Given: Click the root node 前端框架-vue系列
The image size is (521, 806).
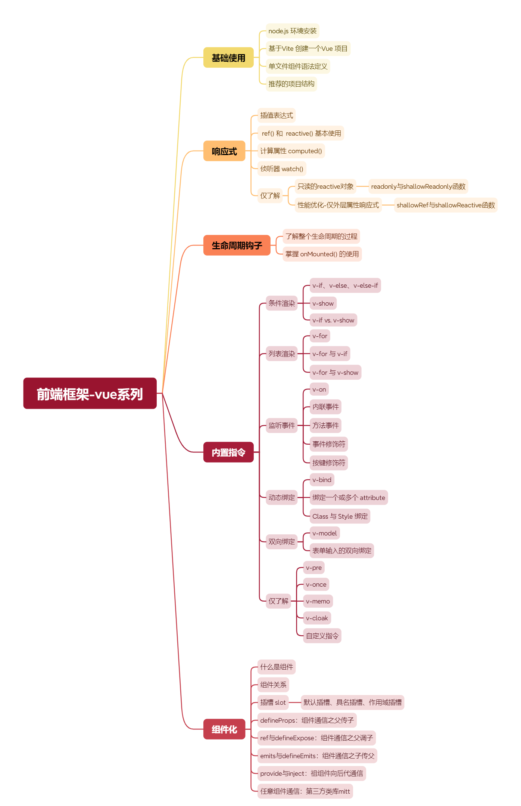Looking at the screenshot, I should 90,393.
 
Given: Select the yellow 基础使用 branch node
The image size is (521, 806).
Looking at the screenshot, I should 228,58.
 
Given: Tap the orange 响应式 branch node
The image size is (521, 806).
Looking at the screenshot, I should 224,151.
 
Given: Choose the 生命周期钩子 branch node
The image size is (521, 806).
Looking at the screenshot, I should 237,245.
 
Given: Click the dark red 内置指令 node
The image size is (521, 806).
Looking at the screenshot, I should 228,452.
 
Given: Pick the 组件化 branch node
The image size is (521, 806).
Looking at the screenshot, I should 224,729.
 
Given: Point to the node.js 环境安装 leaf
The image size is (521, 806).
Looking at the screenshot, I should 292,31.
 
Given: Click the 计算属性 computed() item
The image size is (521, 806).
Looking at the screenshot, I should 291,151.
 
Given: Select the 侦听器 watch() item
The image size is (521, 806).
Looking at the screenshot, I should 281,169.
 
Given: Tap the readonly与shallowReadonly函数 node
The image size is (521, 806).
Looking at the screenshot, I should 418,186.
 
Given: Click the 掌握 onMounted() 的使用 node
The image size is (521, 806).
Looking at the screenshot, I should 322,254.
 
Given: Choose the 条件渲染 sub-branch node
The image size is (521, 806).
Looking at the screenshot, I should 281,303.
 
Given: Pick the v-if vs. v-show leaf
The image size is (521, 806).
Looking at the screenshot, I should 333,320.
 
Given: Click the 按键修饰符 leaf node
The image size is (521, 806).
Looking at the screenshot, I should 328,463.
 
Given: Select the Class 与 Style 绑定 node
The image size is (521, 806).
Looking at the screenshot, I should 340,516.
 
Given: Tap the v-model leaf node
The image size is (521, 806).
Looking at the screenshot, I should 324,533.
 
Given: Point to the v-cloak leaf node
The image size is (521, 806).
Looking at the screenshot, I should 316,618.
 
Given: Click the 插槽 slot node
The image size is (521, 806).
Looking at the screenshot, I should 273,702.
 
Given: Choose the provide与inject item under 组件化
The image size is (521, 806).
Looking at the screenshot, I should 311,773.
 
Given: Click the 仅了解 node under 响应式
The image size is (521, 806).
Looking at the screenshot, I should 270,195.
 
